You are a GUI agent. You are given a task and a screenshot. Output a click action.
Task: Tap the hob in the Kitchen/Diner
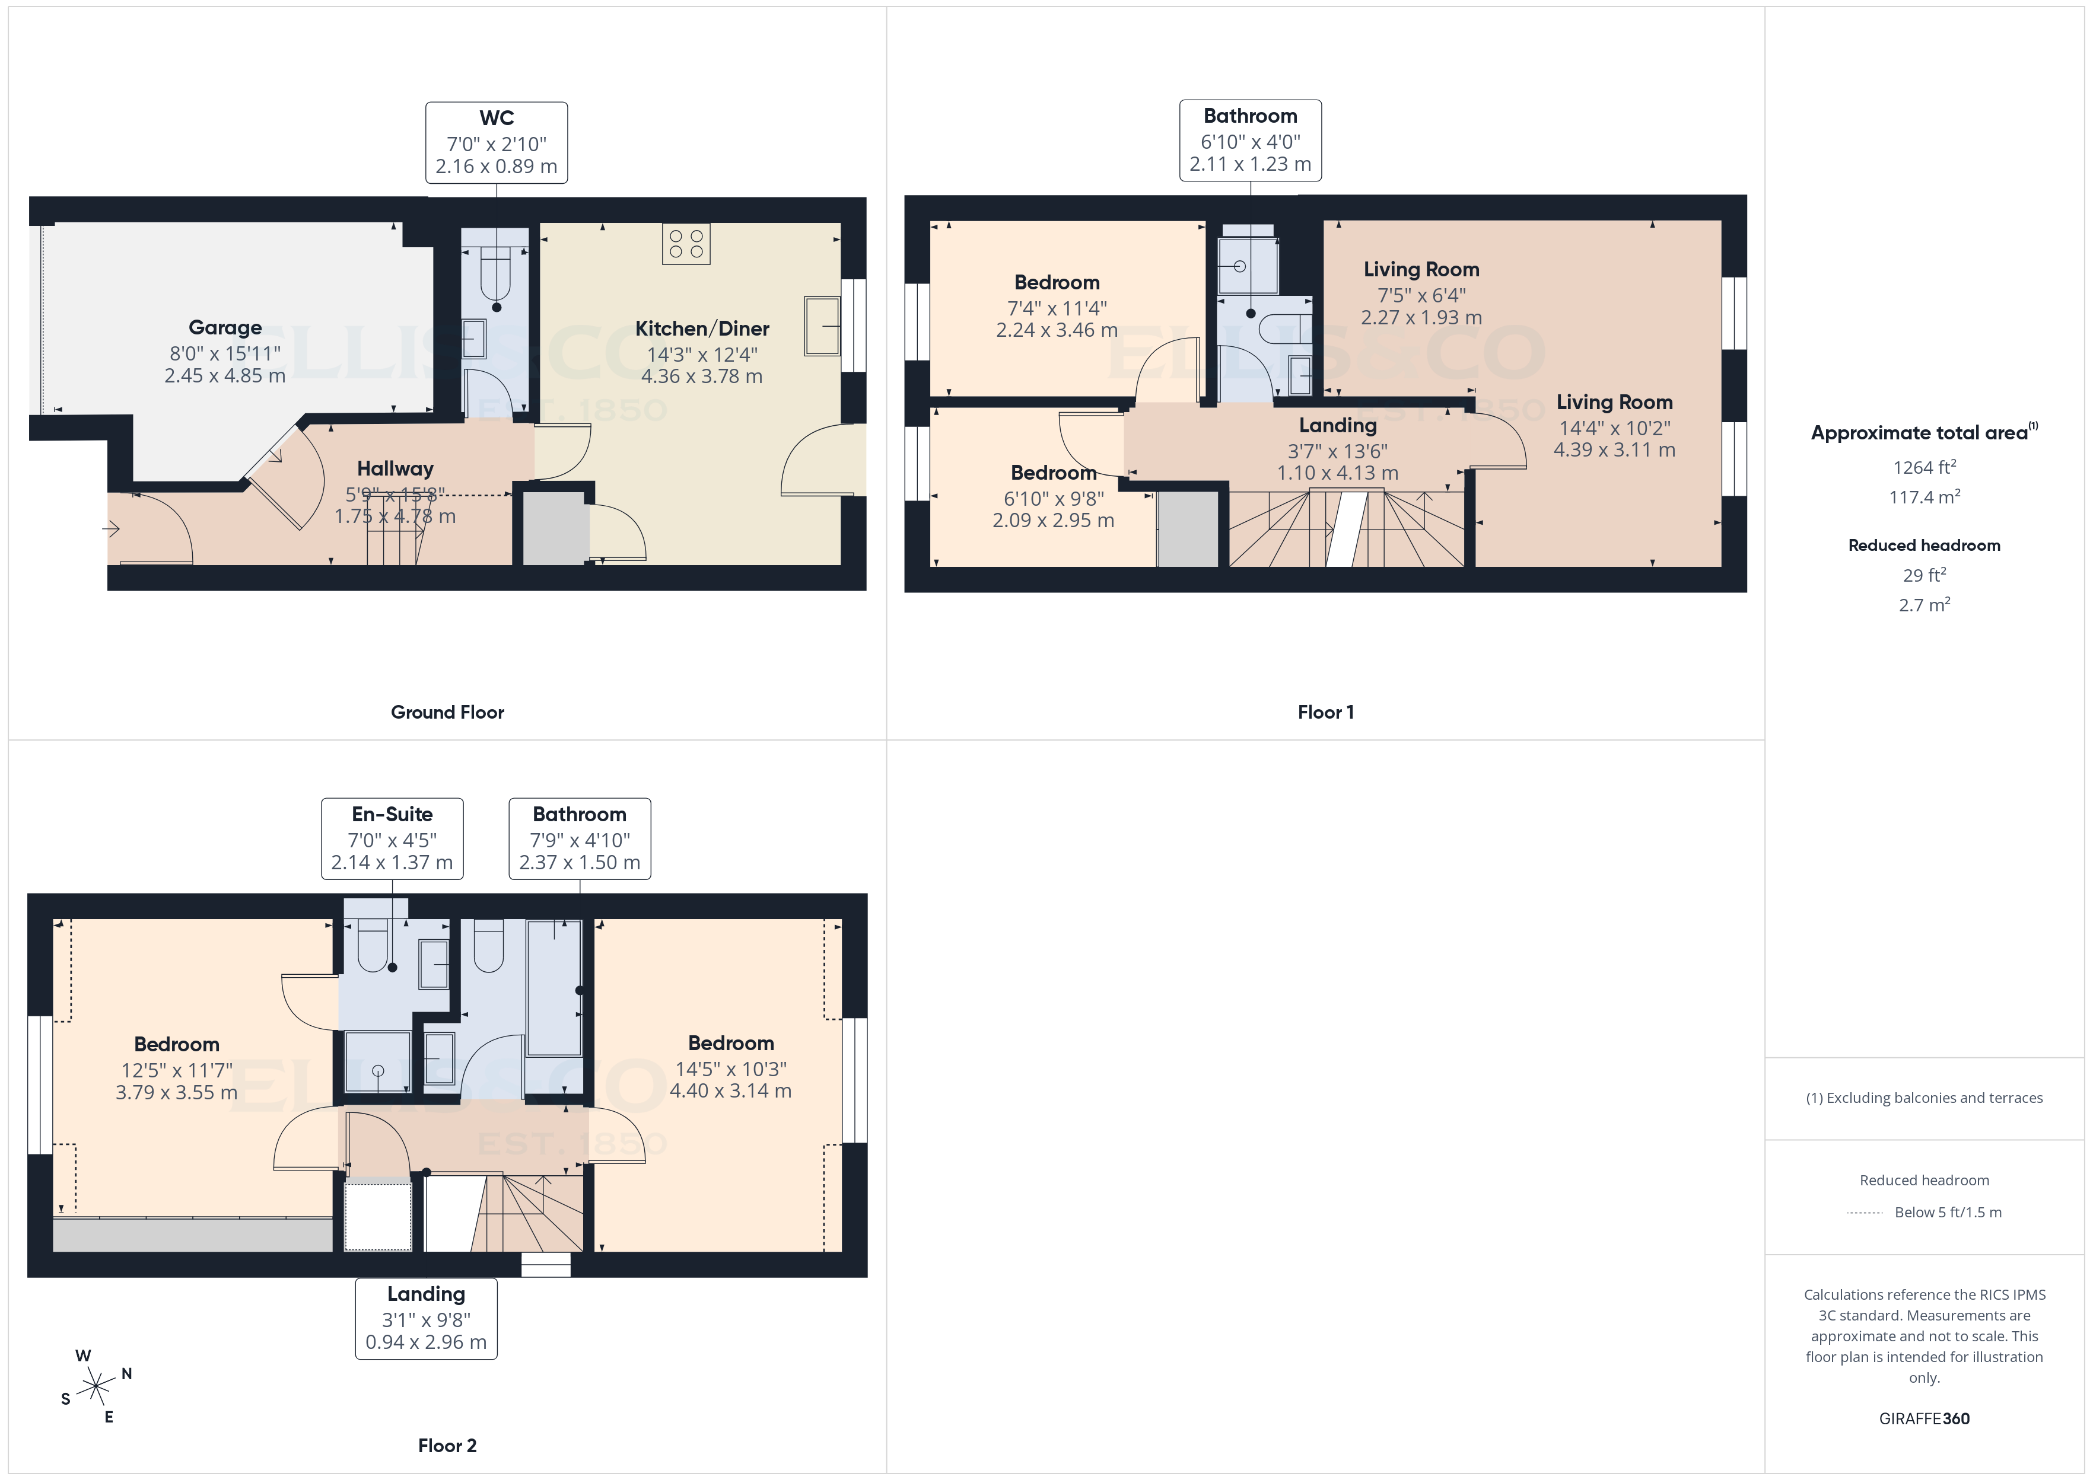tap(686, 243)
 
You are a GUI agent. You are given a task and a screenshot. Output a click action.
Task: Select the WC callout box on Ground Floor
tap(496, 143)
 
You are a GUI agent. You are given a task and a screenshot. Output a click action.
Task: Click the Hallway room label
tap(395, 468)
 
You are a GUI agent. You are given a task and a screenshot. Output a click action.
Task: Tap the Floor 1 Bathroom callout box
tap(1250, 141)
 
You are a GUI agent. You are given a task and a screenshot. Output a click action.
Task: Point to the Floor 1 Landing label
tap(1337, 426)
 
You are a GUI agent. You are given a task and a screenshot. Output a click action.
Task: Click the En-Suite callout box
tap(392, 838)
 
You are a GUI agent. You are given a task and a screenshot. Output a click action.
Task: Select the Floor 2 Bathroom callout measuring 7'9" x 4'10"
tap(580, 838)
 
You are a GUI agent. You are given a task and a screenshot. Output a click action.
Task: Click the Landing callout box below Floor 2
tap(426, 1318)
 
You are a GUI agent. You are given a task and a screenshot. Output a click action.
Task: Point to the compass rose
tap(95, 1386)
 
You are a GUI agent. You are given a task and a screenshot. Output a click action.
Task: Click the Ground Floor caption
tap(447, 712)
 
